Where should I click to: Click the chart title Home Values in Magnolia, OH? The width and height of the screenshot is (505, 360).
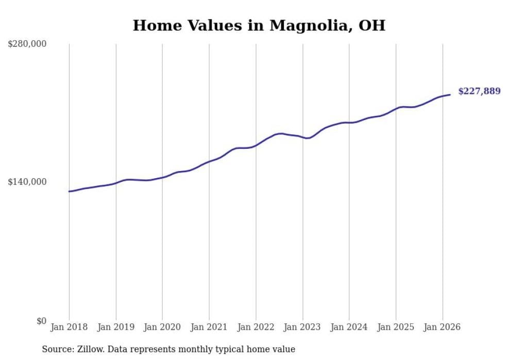tap(259, 26)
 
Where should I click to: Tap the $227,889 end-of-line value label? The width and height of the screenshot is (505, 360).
tap(479, 92)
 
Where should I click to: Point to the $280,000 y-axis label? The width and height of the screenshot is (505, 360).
tap(27, 44)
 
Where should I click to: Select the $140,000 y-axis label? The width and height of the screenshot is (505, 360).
tap(27, 182)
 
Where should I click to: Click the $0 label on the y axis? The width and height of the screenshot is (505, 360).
tap(41, 321)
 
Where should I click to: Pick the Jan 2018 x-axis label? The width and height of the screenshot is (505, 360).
tap(69, 328)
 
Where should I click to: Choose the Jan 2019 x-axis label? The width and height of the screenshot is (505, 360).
tap(116, 328)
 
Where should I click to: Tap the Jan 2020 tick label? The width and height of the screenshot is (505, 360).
tap(162, 328)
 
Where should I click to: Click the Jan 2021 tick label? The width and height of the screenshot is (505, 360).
tap(209, 328)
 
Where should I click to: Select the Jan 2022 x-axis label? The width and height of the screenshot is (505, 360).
tap(256, 328)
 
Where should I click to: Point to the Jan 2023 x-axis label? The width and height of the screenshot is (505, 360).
tap(302, 328)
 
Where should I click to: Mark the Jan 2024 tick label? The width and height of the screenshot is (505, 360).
tap(349, 328)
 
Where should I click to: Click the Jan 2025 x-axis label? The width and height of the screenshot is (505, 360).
tap(396, 328)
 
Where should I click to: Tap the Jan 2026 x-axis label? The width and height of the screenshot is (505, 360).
tap(442, 328)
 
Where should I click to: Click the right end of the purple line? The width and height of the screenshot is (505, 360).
tap(450, 94)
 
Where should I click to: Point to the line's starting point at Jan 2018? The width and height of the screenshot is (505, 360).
tap(69, 192)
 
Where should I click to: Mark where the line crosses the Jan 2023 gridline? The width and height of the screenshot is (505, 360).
tap(302, 138)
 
